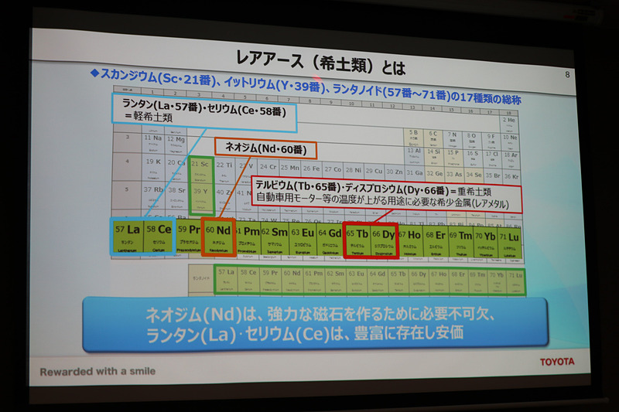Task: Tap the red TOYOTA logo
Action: (x=557, y=361)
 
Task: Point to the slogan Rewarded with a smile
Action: (x=97, y=371)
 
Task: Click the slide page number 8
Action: (x=568, y=74)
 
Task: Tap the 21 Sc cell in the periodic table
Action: (x=201, y=167)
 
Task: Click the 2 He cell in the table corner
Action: (x=508, y=121)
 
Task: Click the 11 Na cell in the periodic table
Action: (x=152, y=140)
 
